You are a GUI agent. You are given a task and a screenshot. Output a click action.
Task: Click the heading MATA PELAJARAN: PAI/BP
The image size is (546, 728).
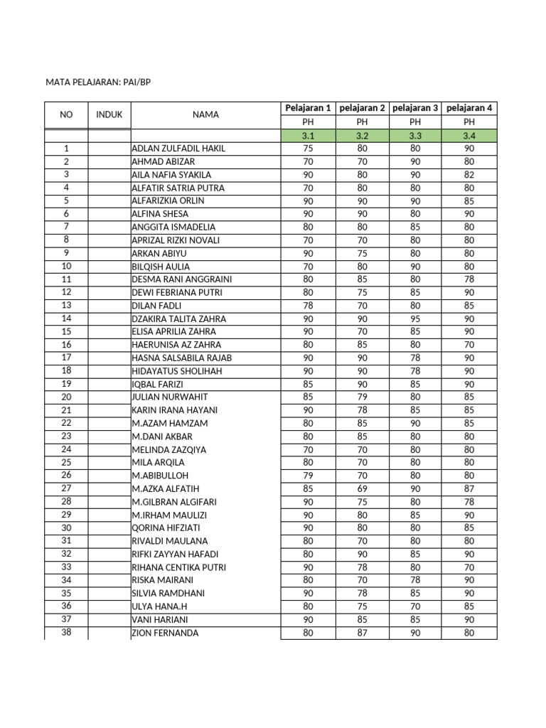(x=99, y=82)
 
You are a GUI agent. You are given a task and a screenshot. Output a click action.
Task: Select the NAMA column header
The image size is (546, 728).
(x=205, y=114)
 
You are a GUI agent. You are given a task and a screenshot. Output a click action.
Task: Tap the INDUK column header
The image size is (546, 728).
(x=109, y=114)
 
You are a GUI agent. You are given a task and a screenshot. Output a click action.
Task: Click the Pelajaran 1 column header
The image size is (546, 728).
(x=308, y=108)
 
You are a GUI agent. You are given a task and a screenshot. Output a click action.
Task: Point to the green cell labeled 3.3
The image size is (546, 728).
(x=415, y=135)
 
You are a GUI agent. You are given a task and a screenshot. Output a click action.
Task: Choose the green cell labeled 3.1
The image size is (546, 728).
(x=308, y=135)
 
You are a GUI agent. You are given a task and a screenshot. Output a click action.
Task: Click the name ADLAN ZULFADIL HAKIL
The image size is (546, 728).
(x=178, y=149)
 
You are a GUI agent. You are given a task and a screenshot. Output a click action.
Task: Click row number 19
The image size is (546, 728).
(x=66, y=384)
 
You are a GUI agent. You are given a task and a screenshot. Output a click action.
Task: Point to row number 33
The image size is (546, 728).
(x=66, y=567)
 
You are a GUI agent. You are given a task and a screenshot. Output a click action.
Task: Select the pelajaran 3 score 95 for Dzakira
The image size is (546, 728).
(x=415, y=318)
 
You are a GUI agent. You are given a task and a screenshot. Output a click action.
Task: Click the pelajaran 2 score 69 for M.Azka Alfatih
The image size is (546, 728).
(x=363, y=488)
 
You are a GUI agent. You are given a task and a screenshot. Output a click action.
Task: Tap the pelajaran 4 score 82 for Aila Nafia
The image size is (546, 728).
(x=469, y=175)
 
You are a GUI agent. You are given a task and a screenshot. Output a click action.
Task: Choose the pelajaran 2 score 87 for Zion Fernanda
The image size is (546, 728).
(x=363, y=633)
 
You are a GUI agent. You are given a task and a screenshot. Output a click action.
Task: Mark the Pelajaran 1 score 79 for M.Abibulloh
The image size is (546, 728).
(x=308, y=476)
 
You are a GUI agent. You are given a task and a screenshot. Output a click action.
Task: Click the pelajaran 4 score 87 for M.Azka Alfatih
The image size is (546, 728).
(x=469, y=488)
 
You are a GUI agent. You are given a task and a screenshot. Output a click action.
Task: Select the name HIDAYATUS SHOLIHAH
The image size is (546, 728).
(x=177, y=371)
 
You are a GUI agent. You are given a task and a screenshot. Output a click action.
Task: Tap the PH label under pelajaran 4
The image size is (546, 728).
(x=469, y=122)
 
